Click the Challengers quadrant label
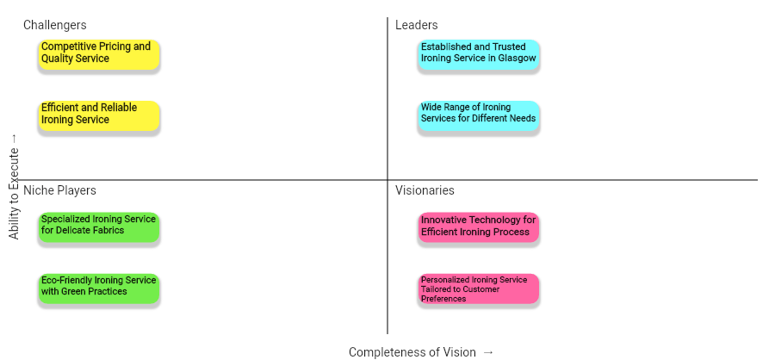point(54,26)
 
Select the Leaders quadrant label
point(416,26)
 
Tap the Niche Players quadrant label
point(59,190)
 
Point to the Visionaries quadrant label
point(425,190)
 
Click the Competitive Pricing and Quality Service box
point(100,53)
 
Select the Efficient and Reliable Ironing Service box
point(100,115)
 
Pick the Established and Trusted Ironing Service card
point(479,53)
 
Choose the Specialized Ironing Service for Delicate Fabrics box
point(100,226)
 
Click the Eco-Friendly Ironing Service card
point(100,287)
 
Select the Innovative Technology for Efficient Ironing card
point(479,227)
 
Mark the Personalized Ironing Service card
point(479,289)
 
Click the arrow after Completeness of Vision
point(488,352)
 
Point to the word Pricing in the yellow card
point(113,47)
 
